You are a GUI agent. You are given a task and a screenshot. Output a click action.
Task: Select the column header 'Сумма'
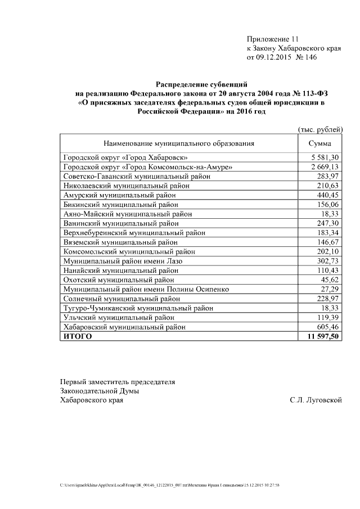(x=320, y=143)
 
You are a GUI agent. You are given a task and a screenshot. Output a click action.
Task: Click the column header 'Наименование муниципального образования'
(x=178, y=143)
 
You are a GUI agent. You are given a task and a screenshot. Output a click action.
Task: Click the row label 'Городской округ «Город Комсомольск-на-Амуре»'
(x=147, y=167)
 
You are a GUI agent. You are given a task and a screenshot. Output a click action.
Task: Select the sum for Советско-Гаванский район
(x=329, y=177)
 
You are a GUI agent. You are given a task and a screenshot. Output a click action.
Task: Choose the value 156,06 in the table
(x=329, y=205)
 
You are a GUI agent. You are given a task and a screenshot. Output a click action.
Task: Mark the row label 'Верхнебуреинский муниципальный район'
(x=134, y=233)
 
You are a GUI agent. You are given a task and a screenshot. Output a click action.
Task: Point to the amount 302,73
(x=329, y=261)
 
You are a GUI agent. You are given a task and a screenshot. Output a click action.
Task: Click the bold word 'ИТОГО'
(x=78, y=336)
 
